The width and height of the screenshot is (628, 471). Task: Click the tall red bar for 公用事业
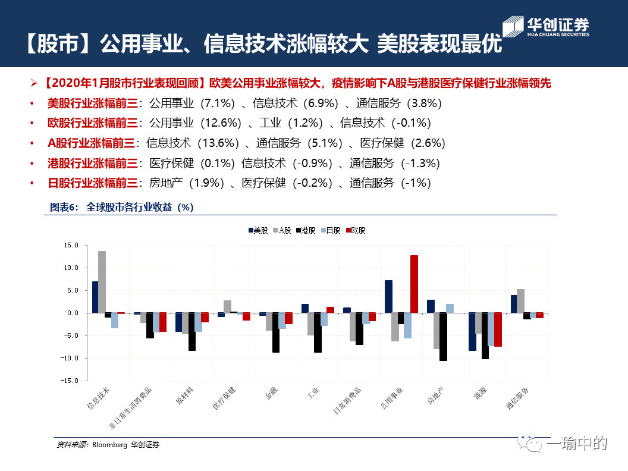click(x=414, y=284)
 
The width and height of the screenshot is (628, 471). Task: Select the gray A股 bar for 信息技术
click(x=102, y=282)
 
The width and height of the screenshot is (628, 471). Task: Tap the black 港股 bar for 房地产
click(x=443, y=337)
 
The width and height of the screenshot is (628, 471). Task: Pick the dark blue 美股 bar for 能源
click(x=472, y=332)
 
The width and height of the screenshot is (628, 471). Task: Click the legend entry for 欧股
click(x=356, y=230)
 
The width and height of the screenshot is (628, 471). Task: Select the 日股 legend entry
click(x=331, y=230)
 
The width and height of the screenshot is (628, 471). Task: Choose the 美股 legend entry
click(x=258, y=230)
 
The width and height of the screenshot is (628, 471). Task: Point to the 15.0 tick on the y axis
click(x=71, y=245)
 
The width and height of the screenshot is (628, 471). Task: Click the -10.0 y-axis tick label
click(x=70, y=358)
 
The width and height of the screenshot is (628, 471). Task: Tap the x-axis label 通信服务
click(x=517, y=398)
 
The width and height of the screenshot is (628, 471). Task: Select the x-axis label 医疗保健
click(x=224, y=398)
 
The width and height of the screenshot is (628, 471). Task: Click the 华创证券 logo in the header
click(x=546, y=26)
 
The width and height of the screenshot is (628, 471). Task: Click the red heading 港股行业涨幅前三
click(x=93, y=163)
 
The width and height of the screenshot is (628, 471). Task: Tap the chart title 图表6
click(x=64, y=207)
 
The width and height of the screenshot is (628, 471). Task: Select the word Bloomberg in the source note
click(x=109, y=445)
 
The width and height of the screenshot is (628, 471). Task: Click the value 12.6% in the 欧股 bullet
click(x=221, y=123)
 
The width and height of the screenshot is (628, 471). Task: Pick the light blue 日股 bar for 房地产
click(x=450, y=309)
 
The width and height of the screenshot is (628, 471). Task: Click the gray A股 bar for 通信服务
click(x=521, y=301)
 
